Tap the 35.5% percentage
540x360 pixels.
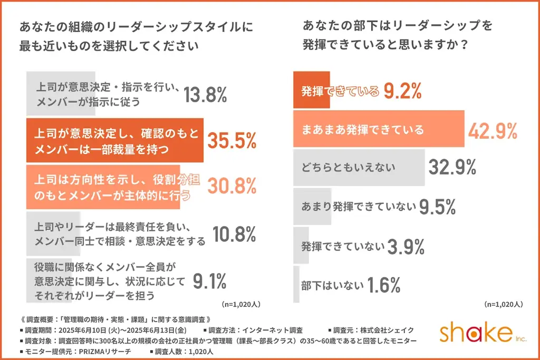[232, 141]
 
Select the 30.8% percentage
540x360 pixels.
[232, 186]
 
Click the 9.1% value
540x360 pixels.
[210, 281]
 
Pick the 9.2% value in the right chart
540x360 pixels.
[402, 92]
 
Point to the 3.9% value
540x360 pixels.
[406, 246]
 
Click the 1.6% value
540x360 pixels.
[384, 285]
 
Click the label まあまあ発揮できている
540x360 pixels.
[363, 129]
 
